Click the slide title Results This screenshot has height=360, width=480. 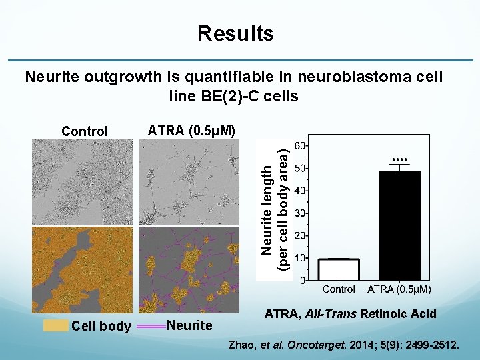click(235, 33)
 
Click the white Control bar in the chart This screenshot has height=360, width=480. click(339, 269)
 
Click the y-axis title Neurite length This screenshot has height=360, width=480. click(267, 209)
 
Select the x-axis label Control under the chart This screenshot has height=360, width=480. click(339, 290)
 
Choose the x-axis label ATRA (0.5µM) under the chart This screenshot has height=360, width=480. click(400, 290)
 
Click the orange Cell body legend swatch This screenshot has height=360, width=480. click(55, 325)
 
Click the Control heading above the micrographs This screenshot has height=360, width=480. click(84, 131)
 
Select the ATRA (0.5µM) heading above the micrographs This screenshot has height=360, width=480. click(191, 130)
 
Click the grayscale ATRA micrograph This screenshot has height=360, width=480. click(189, 181)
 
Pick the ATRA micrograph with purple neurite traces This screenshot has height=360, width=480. click(189, 269)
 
